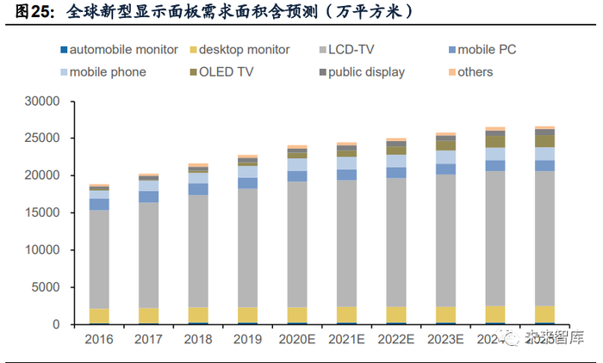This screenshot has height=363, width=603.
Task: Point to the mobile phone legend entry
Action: [x=108, y=72]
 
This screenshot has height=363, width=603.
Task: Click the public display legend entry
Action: [x=361, y=72]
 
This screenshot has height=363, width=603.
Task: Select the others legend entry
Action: [x=475, y=72]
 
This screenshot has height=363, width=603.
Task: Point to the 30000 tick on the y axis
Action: [x=40, y=101]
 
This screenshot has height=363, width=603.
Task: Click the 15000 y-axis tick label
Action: [x=40, y=212]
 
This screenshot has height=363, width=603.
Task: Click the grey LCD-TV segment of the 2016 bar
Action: [x=99, y=258]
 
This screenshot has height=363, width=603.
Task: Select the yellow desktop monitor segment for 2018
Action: [x=198, y=315]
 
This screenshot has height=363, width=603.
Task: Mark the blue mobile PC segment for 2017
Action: [x=149, y=197]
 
